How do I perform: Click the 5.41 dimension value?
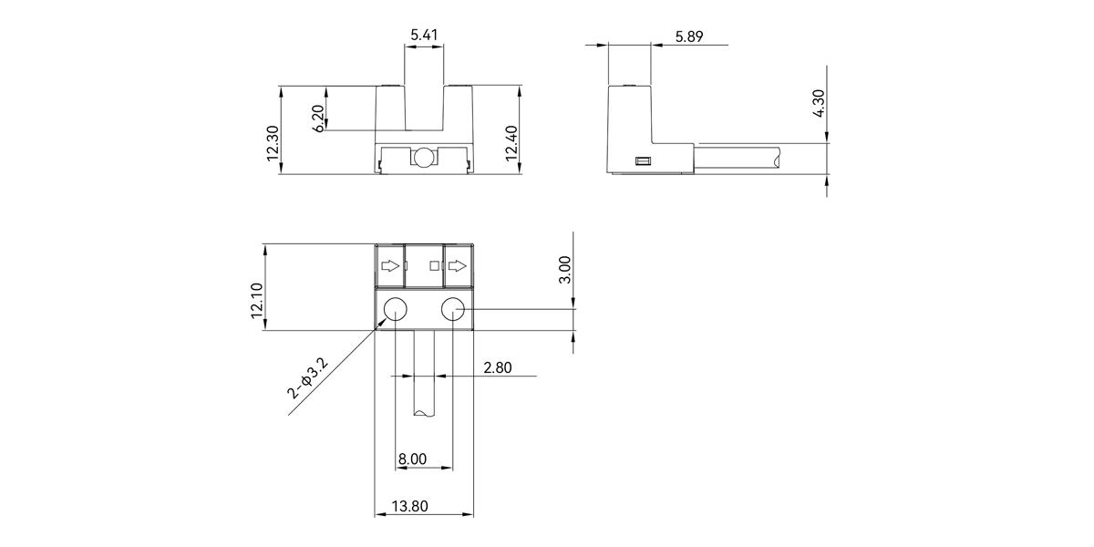click(x=424, y=36)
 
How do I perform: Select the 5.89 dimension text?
click(x=689, y=36)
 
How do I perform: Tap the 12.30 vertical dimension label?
click(x=273, y=143)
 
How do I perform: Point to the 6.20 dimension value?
click(x=317, y=119)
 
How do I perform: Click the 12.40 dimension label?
click(x=511, y=143)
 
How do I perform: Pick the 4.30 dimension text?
click(x=819, y=103)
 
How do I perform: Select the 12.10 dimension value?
click(x=257, y=300)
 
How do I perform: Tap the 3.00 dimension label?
click(x=564, y=270)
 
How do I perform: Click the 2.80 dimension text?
click(x=498, y=367)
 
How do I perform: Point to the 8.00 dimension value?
click(x=412, y=459)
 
